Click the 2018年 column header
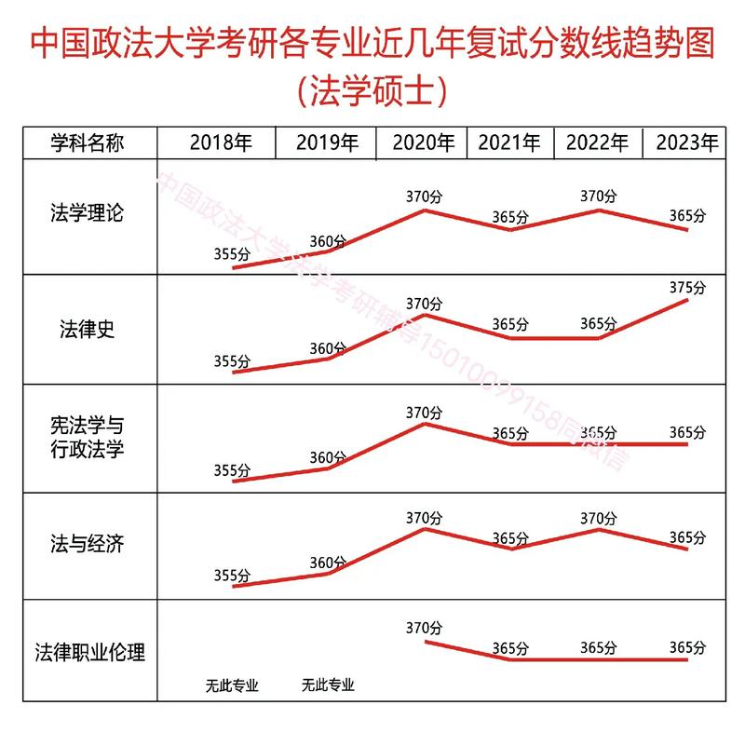point(221,143)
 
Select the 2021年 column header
point(509,143)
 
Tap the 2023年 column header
point(687,143)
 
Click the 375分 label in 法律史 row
point(687,287)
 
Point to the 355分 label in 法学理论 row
point(232,253)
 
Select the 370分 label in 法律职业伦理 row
point(424,627)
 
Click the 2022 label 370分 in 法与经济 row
point(598,516)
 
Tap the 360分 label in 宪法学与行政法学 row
point(327,457)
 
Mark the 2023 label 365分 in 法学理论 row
point(687,215)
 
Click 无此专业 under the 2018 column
point(232,687)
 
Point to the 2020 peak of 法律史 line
point(425,315)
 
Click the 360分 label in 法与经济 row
point(327,563)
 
